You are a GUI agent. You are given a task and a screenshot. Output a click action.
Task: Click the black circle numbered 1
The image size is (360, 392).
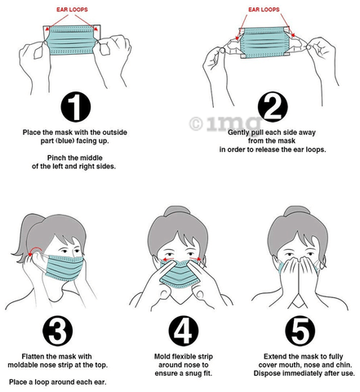point(75,107)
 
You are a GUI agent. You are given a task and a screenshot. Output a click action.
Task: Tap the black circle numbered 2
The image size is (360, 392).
point(273,107)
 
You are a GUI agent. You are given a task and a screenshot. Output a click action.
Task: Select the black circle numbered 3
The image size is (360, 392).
point(58,331)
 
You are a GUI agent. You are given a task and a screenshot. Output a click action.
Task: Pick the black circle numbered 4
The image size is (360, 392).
point(184,331)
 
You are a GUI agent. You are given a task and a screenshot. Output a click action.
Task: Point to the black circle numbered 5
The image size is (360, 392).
point(300,331)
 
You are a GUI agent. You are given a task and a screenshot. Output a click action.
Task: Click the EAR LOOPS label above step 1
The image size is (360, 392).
point(72,10)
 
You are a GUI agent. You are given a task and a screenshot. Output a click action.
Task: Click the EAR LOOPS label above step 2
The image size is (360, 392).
point(264,10)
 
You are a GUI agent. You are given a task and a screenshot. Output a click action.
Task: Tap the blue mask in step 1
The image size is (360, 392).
point(72,40)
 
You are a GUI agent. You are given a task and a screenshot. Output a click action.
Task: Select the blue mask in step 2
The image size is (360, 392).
point(264,42)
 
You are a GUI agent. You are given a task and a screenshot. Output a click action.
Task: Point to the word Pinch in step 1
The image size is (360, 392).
point(56,158)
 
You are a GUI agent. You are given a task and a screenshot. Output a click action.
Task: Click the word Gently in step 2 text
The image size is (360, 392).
point(238,132)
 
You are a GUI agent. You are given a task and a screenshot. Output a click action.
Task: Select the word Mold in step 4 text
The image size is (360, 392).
point(162,356)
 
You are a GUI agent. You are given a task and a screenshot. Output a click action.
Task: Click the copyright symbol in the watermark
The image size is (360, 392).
point(196,123)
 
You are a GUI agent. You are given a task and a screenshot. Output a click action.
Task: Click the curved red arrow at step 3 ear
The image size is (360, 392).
point(35,250)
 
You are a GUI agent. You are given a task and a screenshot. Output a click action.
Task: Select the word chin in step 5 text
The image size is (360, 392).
point(344,365)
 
